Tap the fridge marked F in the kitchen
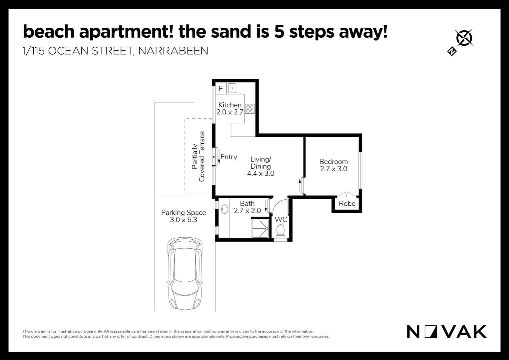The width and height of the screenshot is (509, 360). (221, 89)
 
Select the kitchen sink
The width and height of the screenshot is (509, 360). (232, 88)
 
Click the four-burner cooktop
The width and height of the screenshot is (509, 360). (250, 109)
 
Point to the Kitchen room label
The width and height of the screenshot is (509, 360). (230, 105)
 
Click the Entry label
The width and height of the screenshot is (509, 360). (229, 157)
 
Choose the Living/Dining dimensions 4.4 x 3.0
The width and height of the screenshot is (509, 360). (260, 173)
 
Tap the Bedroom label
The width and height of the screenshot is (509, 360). (333, 162)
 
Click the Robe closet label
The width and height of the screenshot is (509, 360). (347, 204)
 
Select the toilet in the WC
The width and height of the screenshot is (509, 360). (280, 230)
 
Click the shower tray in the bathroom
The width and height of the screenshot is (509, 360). (260, 228)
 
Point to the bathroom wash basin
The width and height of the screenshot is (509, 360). (225, 209)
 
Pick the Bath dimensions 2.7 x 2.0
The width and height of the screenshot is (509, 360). (247, 211)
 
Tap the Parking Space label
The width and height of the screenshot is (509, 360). (184, 213)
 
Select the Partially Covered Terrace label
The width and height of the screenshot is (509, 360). (198, 157)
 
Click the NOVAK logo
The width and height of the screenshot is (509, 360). (446, 332)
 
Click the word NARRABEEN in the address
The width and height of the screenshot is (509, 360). (173, 51)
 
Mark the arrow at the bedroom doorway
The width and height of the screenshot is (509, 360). (300, 185)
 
